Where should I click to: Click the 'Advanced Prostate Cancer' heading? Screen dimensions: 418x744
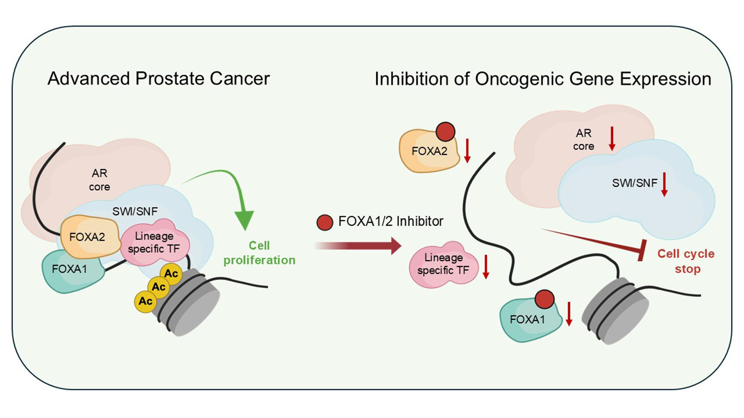(159, 78)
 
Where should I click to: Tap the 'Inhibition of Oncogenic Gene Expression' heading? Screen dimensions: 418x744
(543, 79)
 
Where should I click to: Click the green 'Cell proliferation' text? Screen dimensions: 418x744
(259, 253)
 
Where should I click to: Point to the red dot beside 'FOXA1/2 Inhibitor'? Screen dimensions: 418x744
(325, 222)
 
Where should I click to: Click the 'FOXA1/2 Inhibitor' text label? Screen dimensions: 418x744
(391, 221)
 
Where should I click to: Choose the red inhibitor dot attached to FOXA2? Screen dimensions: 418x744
(445, 132)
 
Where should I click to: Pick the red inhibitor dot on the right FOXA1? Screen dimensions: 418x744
(544, 299)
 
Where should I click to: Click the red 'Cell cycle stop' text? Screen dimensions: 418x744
(686, 261)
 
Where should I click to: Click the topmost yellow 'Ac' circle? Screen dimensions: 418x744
(171, 274)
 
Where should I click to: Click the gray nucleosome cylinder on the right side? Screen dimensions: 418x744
(615, 311)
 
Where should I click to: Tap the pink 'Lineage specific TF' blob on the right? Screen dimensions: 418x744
(443, 264)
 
